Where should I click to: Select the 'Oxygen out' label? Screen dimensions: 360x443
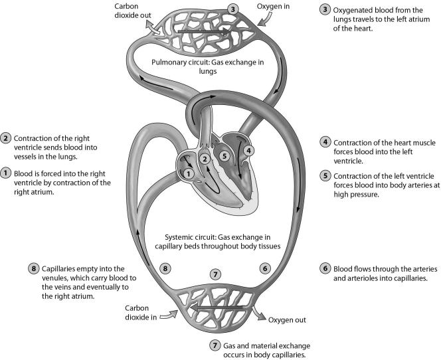click(x=287, y=319)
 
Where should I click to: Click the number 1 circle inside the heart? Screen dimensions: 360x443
click(x=189, y=173)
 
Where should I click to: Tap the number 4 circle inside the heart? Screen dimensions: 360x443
click(x=249, y=150)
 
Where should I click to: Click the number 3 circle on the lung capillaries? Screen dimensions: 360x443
click(x=232, y=9)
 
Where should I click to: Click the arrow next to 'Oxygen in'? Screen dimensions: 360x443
click(x=262, y=22)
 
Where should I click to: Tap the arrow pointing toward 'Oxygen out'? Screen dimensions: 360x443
click(x=256, y=313)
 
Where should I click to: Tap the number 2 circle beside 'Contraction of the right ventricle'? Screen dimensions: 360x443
click(x=5, y=137)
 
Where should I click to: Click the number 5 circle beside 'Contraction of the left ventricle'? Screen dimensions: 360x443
click(x=325, y=176)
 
